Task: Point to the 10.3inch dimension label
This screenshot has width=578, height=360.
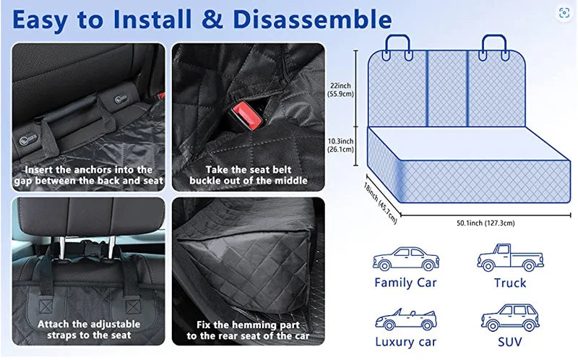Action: pos(340,145)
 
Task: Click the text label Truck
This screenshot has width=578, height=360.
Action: pos(510,283)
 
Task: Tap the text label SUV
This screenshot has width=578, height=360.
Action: pos(510,342)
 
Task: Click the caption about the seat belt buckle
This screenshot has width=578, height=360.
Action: pos(248,174)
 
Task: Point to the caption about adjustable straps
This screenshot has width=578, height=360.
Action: pos(89,330)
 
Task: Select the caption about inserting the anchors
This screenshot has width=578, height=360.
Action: pos(89,174)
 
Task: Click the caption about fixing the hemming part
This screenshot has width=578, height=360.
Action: pos(248,330)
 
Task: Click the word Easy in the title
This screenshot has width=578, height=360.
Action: pos(48,19)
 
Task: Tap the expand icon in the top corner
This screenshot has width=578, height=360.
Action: pos(564,13)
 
